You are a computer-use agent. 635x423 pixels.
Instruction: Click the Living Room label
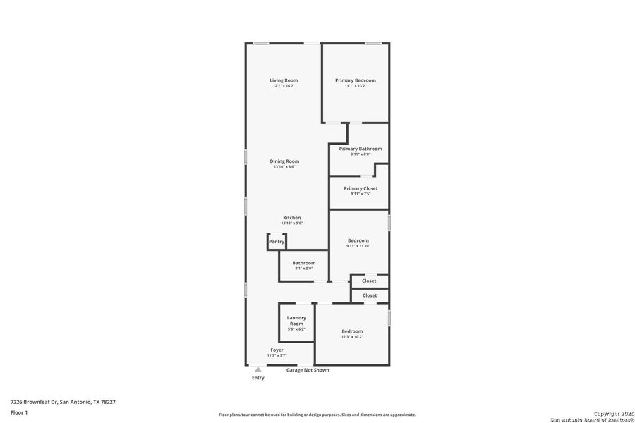coord(284,80)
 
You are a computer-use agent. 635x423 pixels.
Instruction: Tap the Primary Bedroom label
coord(355,80)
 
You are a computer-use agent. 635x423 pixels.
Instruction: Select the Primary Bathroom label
coord(361,149)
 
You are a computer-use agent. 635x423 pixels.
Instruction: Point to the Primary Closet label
coord(361,188)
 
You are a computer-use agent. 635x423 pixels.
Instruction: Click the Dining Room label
coord(284,161)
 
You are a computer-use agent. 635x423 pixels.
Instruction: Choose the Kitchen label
coord(292,218)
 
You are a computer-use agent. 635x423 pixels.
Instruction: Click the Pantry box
coord(277,242)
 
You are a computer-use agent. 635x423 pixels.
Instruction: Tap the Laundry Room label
coord(296,321)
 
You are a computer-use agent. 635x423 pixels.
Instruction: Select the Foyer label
coord(277,350)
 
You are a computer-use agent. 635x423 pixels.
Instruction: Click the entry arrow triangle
coord(258,369)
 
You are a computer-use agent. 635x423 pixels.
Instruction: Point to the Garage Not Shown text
coord(308,370)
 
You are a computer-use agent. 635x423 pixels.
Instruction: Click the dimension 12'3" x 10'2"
coord(352,337)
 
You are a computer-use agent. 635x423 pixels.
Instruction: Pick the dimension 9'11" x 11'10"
coord(358,246)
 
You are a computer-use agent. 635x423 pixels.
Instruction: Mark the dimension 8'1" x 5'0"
coord(304,269)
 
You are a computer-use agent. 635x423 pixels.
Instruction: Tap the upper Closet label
coord(369,281)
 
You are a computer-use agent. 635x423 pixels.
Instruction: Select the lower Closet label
coord(369,295)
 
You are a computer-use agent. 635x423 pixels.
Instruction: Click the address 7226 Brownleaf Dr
coord(34,402)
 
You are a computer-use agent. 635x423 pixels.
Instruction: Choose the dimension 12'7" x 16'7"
coord(284,86)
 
